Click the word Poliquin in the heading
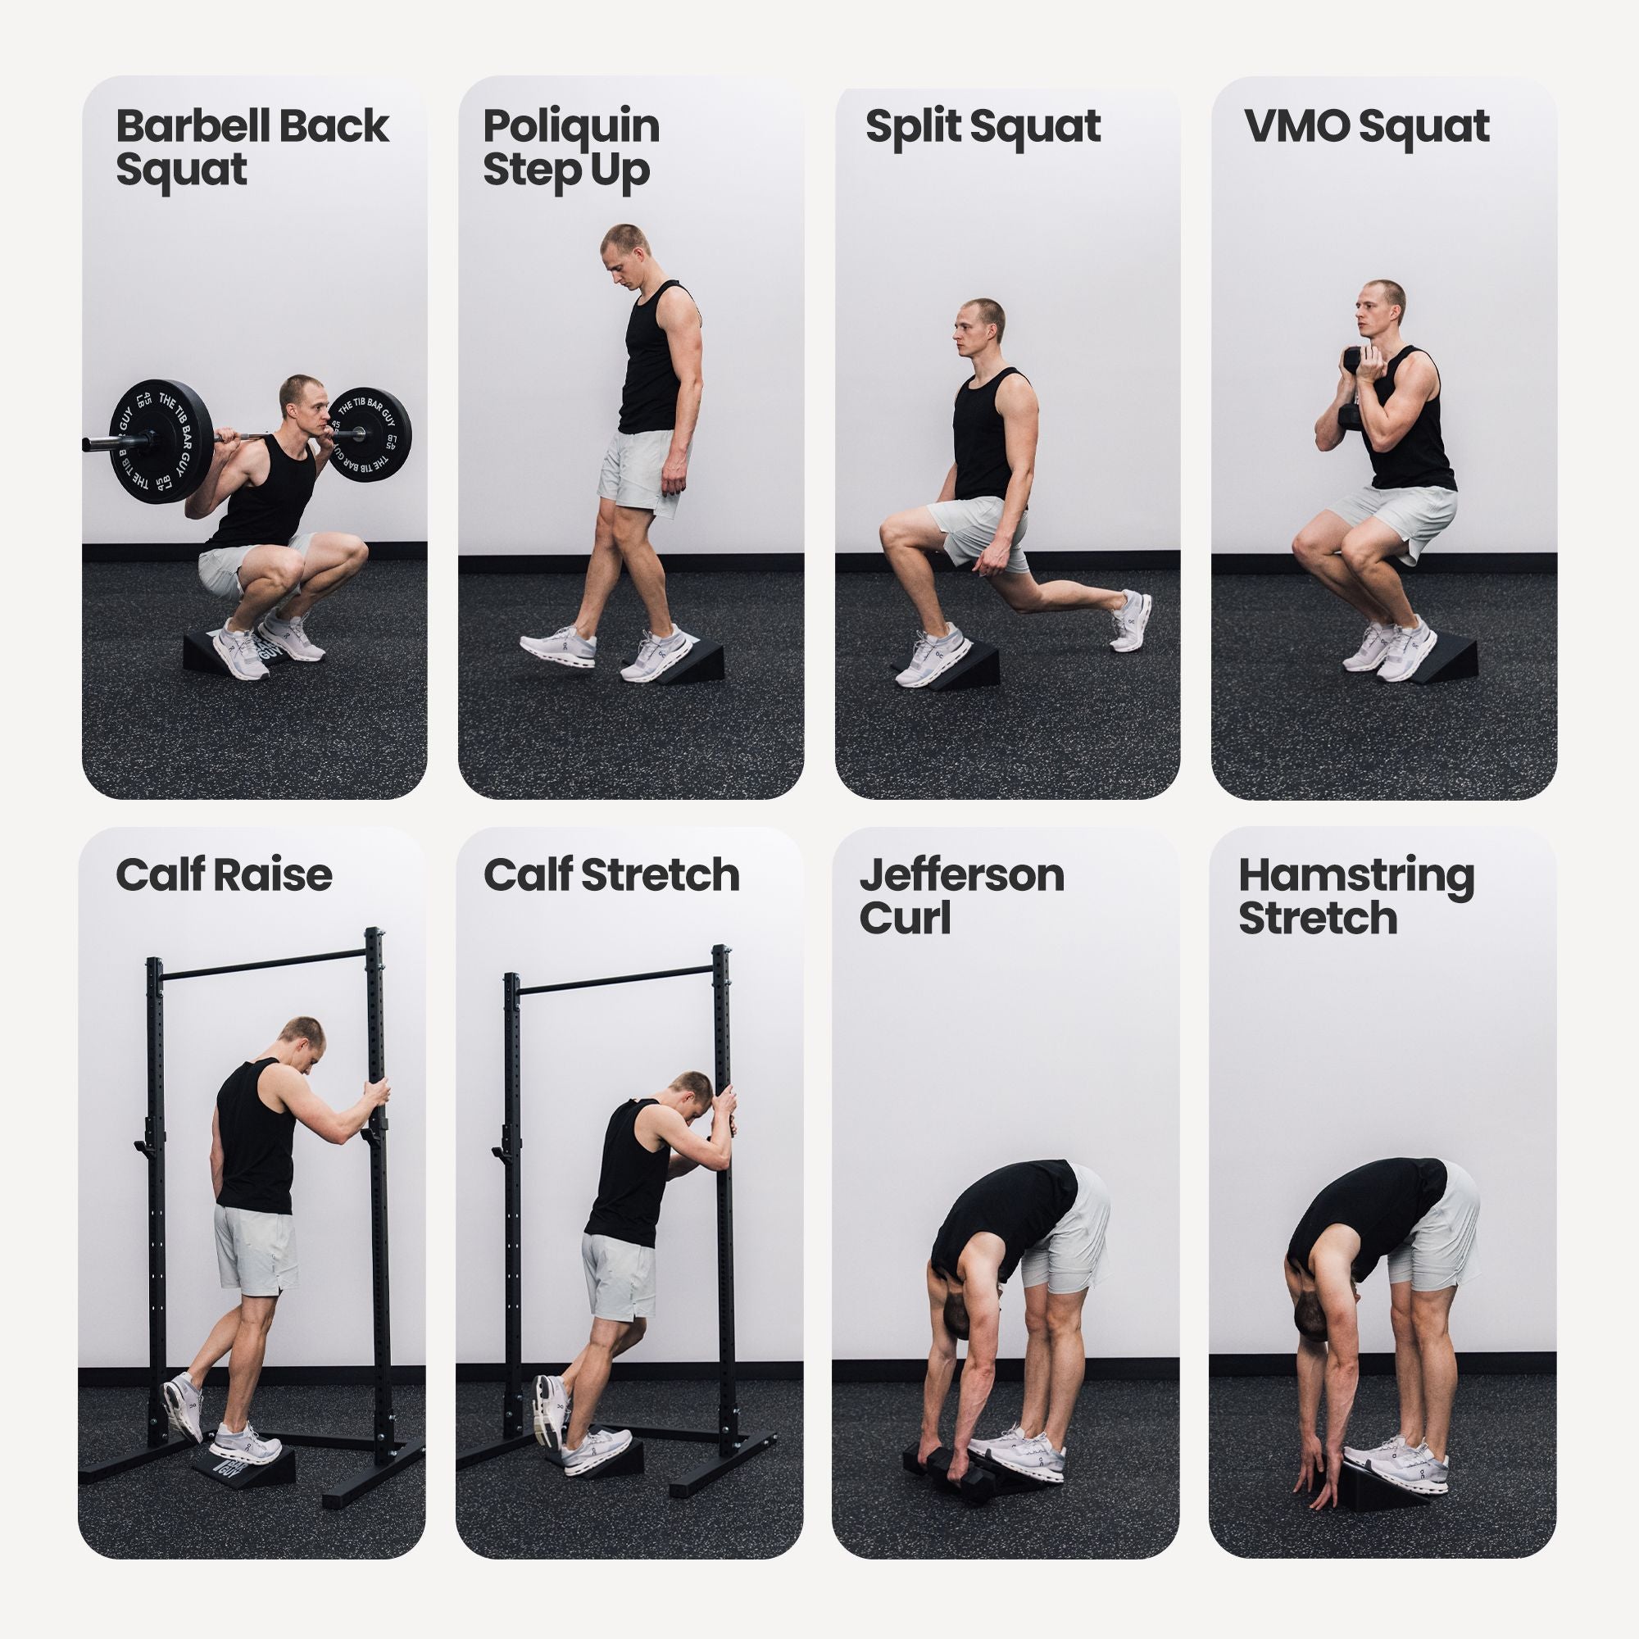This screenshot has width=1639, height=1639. (571, 127)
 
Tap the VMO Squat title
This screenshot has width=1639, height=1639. (1366, 127)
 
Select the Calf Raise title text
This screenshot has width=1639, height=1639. (223, 874)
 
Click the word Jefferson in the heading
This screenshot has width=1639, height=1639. (961, 874)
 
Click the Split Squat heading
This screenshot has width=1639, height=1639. (983, 127)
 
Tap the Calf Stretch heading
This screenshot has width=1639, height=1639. (611, 874)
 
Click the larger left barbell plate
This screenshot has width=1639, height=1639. (161, 439)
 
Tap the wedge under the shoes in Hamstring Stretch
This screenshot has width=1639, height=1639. (1382, 1476)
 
